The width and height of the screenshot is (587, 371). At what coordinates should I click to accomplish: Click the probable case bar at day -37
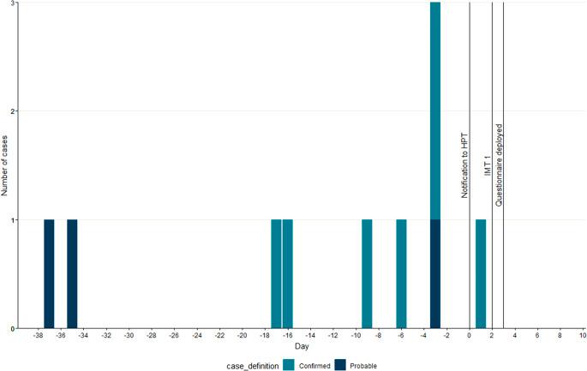click(x=49, y=274)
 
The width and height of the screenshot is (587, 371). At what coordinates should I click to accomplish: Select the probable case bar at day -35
click(x=72, y=274)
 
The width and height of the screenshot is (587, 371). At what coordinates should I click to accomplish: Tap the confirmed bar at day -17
click(x=276, y=274)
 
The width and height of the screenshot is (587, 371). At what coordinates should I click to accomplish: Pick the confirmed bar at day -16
click(x=287, y=274)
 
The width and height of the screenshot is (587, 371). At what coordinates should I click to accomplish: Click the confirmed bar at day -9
click(x=367, y=274)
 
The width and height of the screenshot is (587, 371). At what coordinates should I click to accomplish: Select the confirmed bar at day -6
click(x=401, y=274)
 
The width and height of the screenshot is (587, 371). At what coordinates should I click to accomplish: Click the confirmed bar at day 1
click(x=481, y=274)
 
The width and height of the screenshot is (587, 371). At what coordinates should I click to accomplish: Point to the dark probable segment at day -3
click(x=435, y=274)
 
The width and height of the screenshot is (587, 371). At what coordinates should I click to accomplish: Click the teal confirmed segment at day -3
click(x=435, y=111)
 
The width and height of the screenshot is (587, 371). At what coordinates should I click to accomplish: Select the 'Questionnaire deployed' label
click(x=498, y=165)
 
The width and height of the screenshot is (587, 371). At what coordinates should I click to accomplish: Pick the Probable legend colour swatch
click(x=340, y=364)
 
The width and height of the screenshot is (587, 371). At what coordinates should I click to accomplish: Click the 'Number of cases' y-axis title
click(x=6, y=165)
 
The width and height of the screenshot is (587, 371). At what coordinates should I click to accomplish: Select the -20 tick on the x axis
click(x=243, y=336)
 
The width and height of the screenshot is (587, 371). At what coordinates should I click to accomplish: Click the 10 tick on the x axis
click(x=582, y=336)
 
